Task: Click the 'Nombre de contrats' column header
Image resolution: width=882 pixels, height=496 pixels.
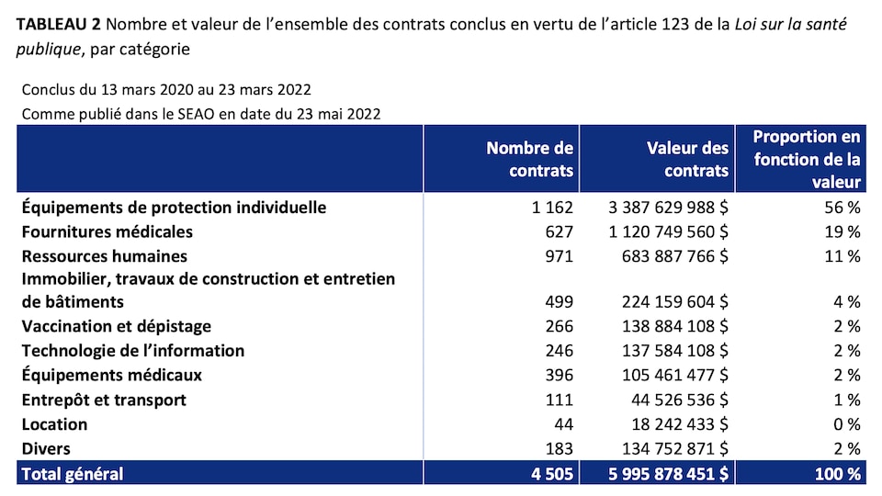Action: click(529, 159)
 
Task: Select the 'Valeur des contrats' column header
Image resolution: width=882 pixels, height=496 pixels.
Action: click(687, 159)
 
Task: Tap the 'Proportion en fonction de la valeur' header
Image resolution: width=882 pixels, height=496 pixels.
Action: click(807, 159)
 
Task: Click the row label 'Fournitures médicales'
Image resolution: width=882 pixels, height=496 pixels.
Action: click(107, 231)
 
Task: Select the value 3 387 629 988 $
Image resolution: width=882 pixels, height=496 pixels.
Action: click(669, 208)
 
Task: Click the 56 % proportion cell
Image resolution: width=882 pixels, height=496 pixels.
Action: click(844, 208)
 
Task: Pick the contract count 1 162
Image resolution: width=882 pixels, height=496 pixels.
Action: click(552, 208)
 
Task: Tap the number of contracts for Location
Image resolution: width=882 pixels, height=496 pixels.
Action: click(562, 424)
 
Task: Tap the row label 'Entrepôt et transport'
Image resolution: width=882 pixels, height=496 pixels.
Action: click(104, 400)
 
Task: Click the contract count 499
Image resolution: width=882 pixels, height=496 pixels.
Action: click(558, 301)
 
